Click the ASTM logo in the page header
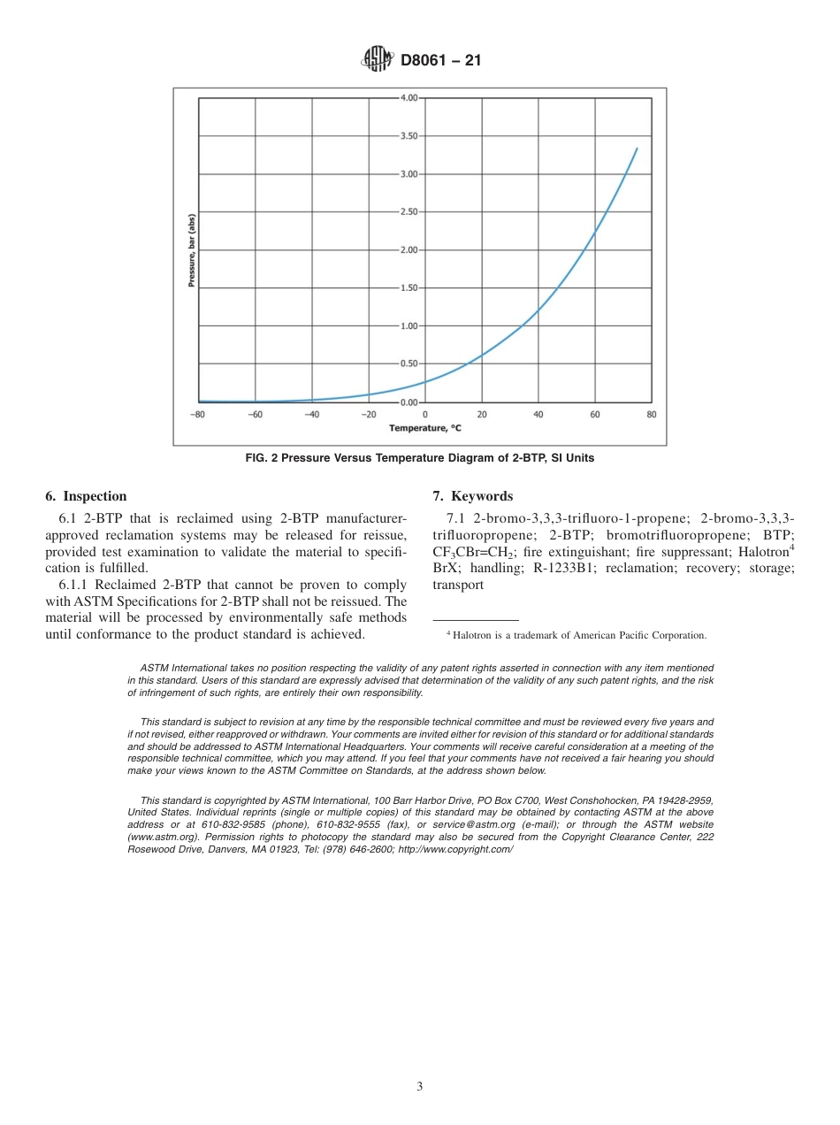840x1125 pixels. coord(378,60)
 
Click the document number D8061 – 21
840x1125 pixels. coord(440,61)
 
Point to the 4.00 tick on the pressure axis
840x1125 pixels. coord(409,98)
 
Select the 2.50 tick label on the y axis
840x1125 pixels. coord(409,212)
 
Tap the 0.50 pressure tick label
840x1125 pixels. coord(409,364)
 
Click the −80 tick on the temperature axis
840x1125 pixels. coord(198,414)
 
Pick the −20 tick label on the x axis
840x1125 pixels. coord(368,414)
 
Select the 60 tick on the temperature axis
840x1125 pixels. coord(595,414)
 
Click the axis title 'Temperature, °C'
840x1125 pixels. coord(424,428)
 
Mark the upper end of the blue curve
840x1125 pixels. coord(637,149)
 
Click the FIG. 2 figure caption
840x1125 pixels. coord(419,458)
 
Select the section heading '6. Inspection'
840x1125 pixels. coord(86,496)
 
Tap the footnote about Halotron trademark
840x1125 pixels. coord(576,635)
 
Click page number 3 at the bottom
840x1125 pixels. coord(419,1086)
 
